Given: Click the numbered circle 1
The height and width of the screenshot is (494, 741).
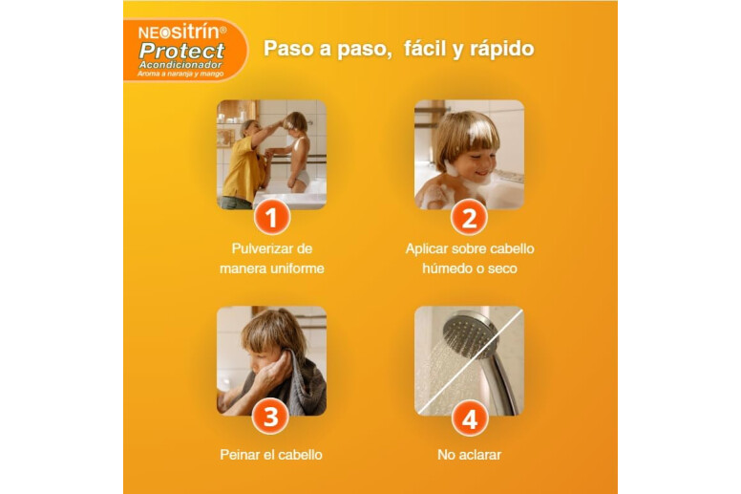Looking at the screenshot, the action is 271,218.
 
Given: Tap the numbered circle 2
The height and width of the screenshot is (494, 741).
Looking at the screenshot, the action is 469,218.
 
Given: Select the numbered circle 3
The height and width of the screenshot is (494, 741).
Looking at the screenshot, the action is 271,417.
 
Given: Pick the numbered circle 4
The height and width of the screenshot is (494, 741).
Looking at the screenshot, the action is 469,419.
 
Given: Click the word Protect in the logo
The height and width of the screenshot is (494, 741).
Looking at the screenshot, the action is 182,51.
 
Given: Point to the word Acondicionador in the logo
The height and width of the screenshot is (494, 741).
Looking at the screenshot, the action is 180,65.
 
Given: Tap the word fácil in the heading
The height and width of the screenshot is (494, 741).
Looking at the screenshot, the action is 423,48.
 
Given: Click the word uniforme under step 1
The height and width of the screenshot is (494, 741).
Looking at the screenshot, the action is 298,268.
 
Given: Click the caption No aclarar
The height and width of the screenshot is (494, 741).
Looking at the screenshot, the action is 469,455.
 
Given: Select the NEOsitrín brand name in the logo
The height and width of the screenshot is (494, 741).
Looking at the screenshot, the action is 182,32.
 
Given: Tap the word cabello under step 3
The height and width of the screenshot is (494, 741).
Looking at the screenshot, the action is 300,455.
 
